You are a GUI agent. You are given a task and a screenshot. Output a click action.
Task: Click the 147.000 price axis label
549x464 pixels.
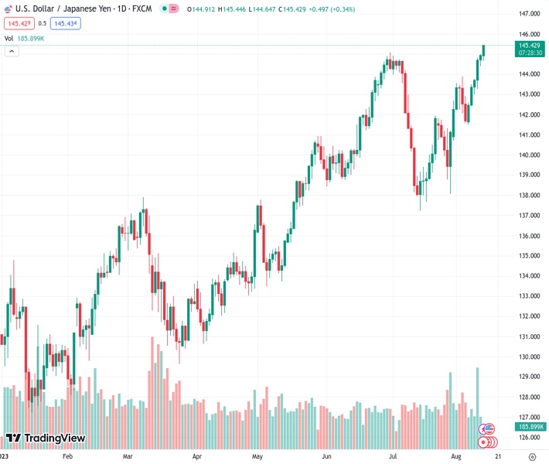click(530, 14)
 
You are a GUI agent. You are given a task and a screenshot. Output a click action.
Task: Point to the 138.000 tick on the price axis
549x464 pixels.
click(530, 196)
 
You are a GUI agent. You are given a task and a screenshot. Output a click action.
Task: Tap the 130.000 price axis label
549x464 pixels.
click(530, 357)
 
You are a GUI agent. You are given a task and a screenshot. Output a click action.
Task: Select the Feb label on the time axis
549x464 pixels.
click(67, 456)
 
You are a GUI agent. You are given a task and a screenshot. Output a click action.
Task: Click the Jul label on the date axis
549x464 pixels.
click(394, 456)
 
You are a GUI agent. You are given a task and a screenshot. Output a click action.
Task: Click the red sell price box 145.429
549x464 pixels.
click(16, 23)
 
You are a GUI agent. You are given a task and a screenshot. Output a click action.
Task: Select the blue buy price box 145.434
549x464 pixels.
click(66, 23)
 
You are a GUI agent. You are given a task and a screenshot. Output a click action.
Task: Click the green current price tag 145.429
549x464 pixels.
click(530, 46)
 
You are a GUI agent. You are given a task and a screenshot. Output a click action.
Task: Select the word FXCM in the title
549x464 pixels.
click(142, 9)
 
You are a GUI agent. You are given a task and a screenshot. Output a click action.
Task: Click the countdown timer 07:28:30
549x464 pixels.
click(530, 54)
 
